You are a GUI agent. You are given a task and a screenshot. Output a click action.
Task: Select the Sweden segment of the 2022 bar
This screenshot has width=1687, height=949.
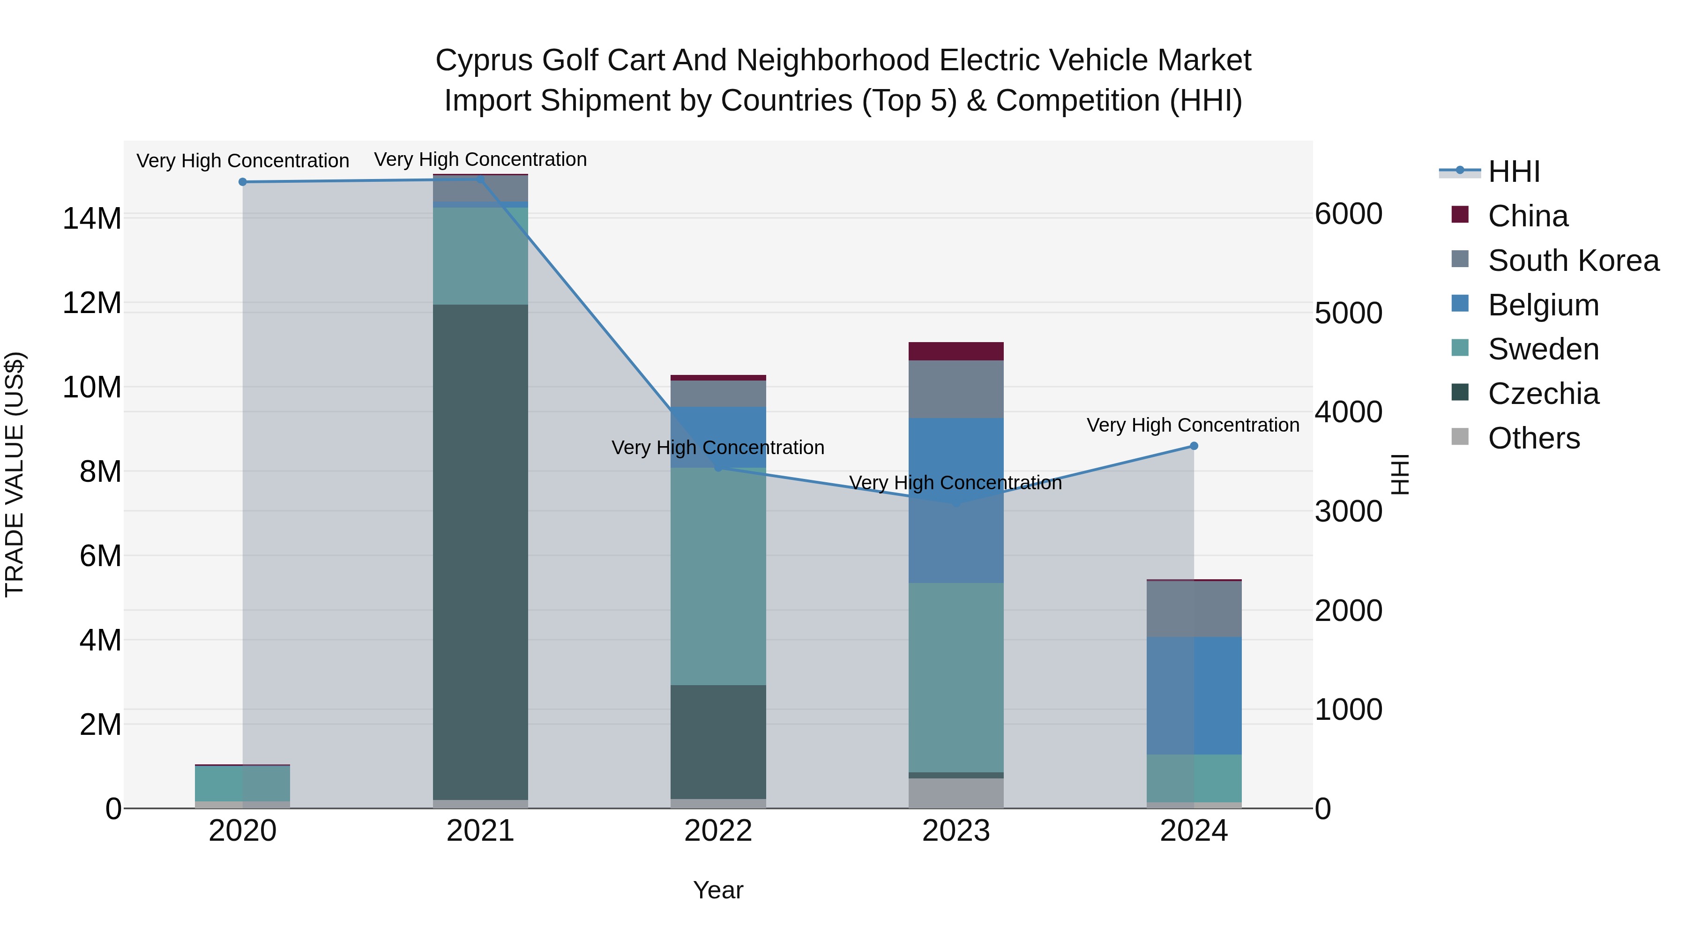point(718,576)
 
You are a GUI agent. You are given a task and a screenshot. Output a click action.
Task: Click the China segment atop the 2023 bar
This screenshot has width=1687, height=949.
point(955,351)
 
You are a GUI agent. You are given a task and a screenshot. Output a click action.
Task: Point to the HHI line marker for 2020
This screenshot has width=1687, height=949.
point(243,182)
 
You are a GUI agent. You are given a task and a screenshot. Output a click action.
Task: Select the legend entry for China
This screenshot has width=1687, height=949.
point(1527,216)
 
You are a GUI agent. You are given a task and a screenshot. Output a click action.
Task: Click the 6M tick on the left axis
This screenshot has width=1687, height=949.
point(100,555)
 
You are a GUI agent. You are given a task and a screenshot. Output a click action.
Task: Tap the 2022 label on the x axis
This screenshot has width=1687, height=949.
point(718,831)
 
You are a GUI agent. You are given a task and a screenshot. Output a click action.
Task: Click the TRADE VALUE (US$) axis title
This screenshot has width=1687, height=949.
point(15,474)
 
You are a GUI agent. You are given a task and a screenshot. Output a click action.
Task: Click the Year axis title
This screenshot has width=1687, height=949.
point(718,890)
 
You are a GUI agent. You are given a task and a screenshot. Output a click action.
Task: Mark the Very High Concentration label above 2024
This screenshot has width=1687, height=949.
point(1193,425)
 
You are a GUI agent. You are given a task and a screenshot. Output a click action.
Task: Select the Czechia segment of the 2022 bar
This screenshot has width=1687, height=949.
point(718,741)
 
